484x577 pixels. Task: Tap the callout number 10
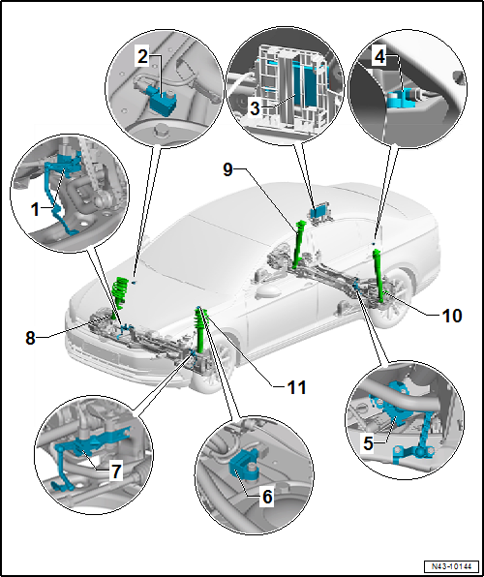pyautogui.click(x=424, y=316)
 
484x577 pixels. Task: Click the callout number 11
pyautogui.click(x=296, y=387)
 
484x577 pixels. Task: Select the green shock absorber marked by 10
pyautogui.click(x=376, y=271)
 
